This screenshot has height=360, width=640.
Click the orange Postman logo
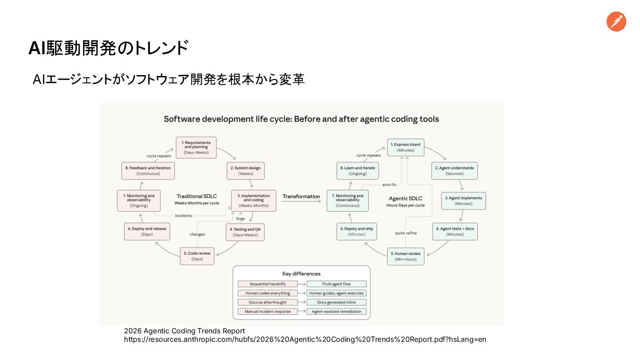[x=616, y=22]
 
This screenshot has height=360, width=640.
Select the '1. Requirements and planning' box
[x=196, y=147]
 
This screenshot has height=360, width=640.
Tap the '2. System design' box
[x=245, y=171]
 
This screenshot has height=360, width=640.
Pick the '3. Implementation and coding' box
[x=253, y=200]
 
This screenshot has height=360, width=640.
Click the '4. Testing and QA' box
[x=245, y=232]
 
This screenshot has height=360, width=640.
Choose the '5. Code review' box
[x=197, y=256]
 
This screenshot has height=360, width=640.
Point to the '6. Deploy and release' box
[x=147, y=231]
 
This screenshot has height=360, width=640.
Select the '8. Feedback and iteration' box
[x=148, y=171]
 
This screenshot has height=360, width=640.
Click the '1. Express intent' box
[x=405, y=147]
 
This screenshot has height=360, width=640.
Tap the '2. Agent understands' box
[x=454, y=171]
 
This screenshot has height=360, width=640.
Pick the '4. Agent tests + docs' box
[x=455, y=231]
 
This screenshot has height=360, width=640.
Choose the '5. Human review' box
[x=405, y=256]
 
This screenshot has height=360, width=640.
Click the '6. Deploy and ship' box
[x=356, y=231]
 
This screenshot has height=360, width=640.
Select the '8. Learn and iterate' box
[x=356, y=171]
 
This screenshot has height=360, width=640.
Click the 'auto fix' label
[x=389, y=184]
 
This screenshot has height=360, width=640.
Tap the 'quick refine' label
[x=406, y=233]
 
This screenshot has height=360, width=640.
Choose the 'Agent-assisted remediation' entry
[x=337, y=312]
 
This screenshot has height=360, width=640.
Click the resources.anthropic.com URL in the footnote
[x=305, y=340]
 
